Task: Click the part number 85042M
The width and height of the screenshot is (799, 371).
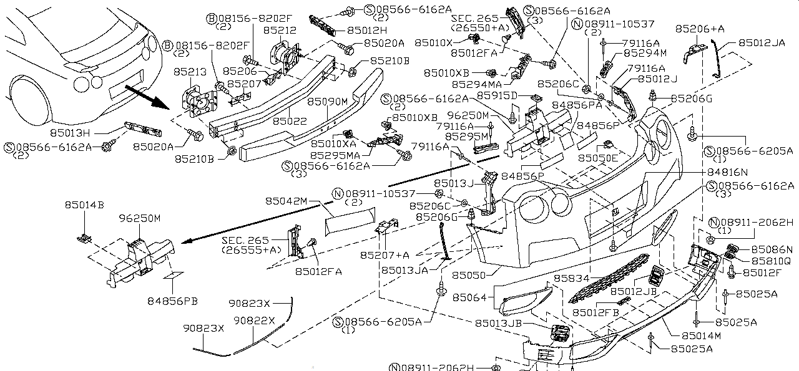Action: [x=286, y=201]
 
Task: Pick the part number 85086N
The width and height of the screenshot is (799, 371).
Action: [x=772, y=249]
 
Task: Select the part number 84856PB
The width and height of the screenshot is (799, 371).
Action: [x=173, y=301]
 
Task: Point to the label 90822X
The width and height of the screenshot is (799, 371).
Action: [x=254, y=320]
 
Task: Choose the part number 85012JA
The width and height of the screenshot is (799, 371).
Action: [x=762, y=43]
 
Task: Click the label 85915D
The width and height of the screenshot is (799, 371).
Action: [x=497, y=95]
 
